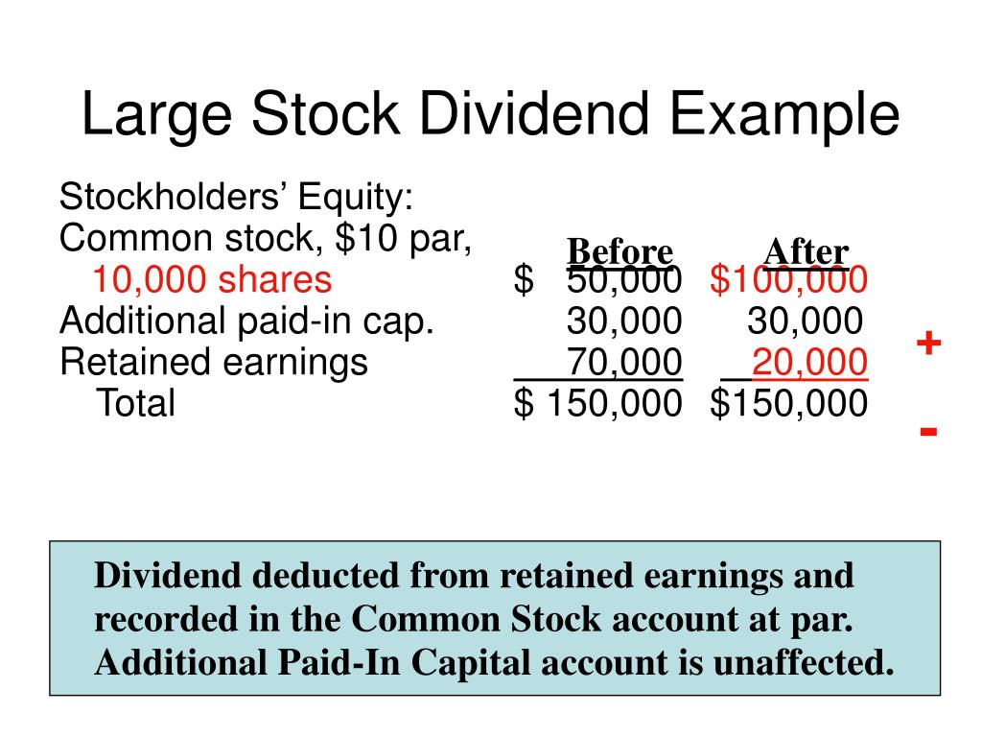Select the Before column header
click(620, 252)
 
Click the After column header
click(806, 252)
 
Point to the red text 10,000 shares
click(212, 280)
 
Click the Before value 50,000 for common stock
click(624, 280)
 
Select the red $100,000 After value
click(788, 280)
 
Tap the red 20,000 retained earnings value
click(810, 363)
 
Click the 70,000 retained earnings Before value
click(624, 363)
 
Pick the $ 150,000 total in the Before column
click(598, 404)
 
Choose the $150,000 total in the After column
click(788, 404)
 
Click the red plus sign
click(927, 344)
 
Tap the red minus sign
click(927, 431)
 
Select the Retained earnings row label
click(214, 363)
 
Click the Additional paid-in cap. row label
click(247, 321)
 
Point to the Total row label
click(135, 404)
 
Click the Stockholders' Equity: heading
click(237, 198)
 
